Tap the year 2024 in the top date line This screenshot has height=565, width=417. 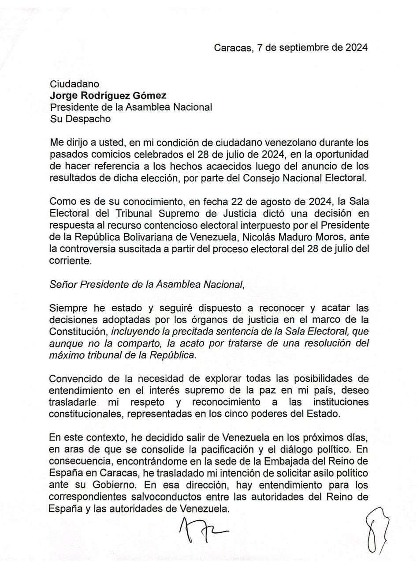(x=354, y=48)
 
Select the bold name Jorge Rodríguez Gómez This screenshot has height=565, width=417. (x=108, y=95)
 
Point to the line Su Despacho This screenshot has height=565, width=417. (x=80, y=119)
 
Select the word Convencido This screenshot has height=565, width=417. (x=75, y=379)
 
